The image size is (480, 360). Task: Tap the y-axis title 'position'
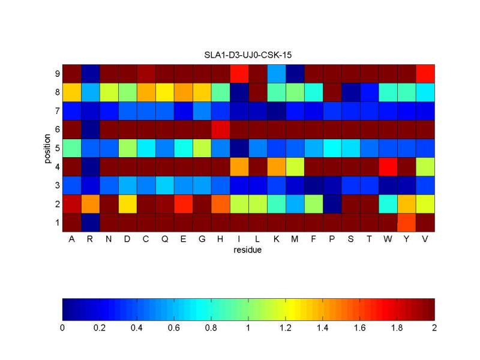point(47,148)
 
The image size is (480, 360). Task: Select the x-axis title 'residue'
point(248,251)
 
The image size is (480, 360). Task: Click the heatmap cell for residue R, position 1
point(90,222)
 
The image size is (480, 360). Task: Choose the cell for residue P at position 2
point(332,203)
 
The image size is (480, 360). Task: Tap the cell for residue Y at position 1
point(406,222)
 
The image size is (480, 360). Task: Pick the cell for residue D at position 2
point(127,203)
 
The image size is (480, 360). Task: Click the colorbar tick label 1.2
point(286,328)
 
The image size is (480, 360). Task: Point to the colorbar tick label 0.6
point(174,328)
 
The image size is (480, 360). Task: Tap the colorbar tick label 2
point(434,328)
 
